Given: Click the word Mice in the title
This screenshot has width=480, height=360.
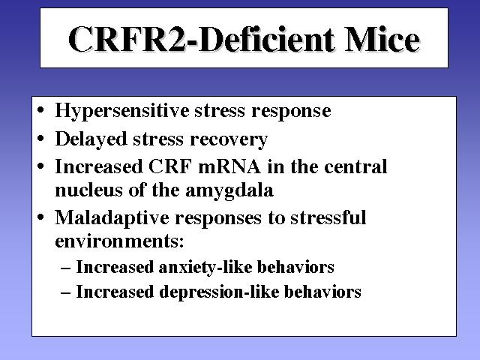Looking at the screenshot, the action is pos(382,39).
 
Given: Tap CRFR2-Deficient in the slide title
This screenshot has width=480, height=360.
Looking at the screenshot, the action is pos(201,39).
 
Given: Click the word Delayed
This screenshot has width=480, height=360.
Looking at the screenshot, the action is pos(91,139).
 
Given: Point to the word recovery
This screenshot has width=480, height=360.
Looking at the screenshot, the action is pos(229,140).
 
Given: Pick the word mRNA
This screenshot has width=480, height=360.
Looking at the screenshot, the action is pos(229,166).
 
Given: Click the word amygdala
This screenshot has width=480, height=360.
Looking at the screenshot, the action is pos(229,191).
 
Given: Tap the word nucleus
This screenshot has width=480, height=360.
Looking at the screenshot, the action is pos(88,190).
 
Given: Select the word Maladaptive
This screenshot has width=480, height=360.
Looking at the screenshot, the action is pos(112,218).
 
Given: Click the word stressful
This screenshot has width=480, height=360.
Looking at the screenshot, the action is pos(328,217).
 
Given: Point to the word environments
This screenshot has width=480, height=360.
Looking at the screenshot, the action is pos(118,241).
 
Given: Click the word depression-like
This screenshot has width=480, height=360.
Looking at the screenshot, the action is pos(219,292).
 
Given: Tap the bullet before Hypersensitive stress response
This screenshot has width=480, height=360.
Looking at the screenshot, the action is pos(40,110).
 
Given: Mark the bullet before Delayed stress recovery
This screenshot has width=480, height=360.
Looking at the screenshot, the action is pos(40,139).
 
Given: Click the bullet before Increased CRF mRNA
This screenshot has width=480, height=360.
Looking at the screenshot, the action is pos(40,166).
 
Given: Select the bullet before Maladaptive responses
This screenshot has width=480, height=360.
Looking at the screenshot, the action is pos(40,217).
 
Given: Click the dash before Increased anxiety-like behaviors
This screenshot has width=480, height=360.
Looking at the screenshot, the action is pos(66,269).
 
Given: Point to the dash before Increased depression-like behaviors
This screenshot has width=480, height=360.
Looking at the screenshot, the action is pos(66,293).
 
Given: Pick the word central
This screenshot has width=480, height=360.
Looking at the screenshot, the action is pos(355,166).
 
